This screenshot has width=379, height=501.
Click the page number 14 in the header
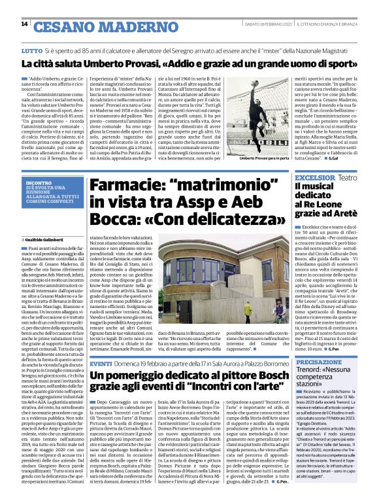[24, 24]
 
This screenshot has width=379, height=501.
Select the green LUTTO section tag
[32, 50]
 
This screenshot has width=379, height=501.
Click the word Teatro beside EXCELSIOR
[348, 177]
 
